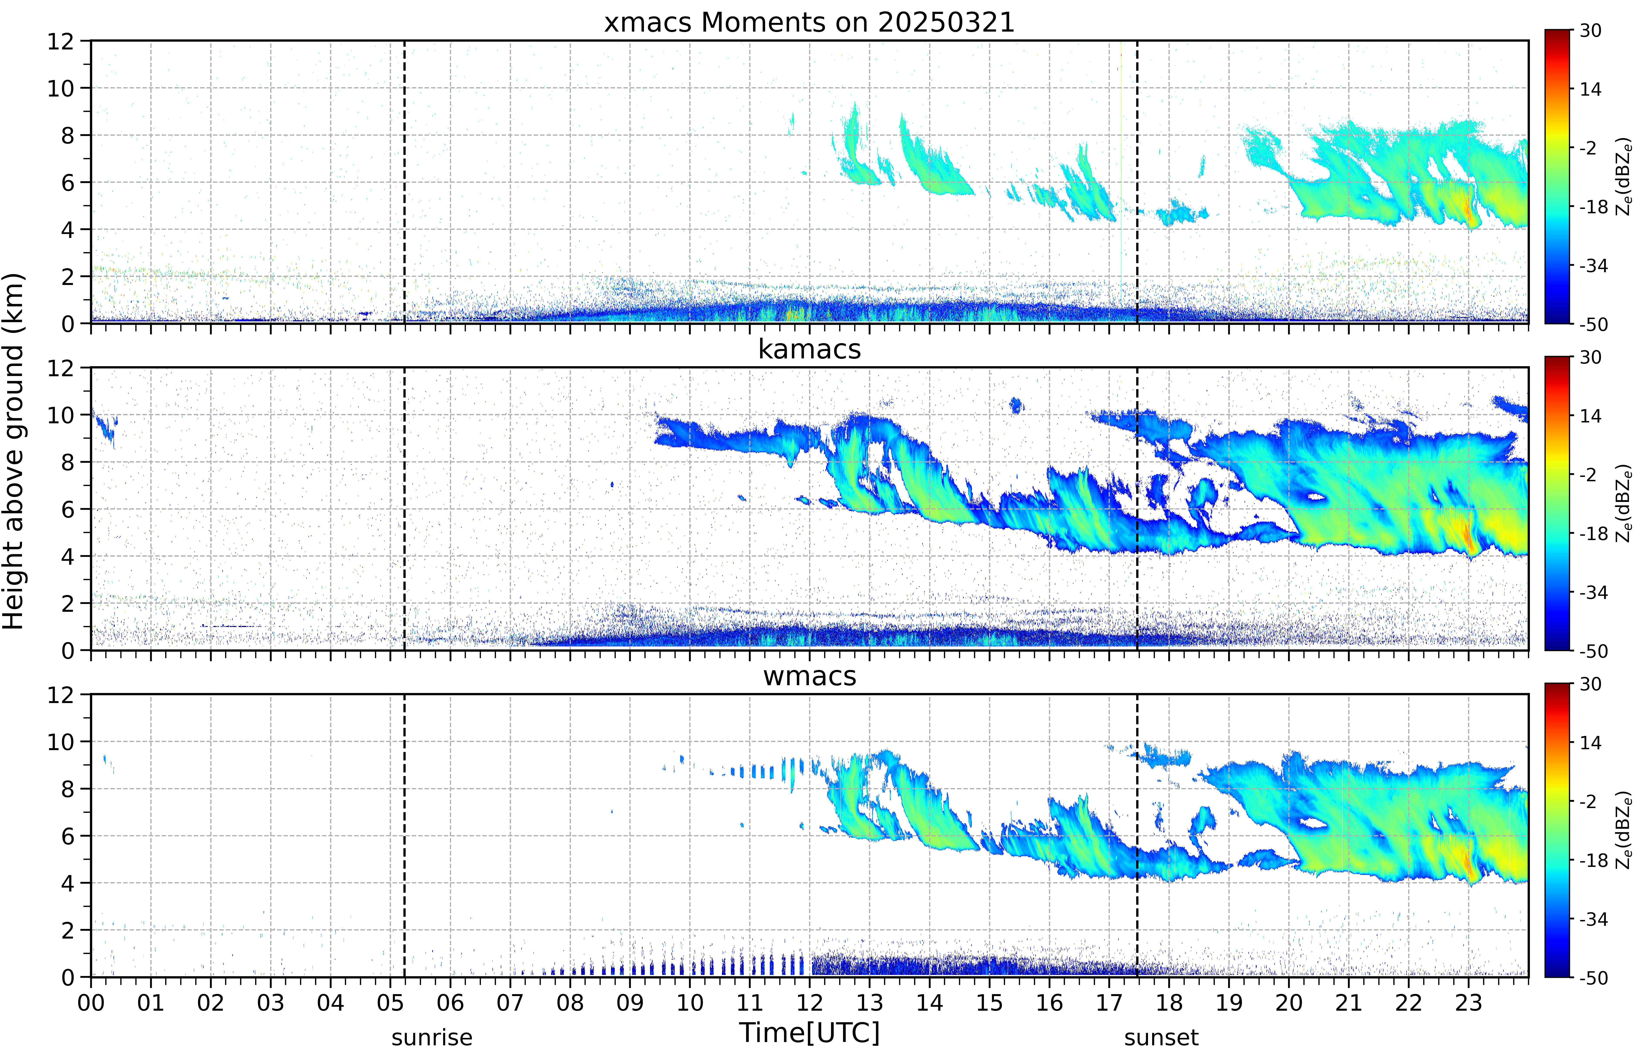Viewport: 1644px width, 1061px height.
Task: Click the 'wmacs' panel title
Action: tap(809, 676)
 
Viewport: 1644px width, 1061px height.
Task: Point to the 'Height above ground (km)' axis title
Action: tap(14, 451)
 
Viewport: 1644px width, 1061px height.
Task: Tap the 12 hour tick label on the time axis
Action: tap(810, 1002)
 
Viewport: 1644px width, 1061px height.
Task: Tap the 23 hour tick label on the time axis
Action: tap(1468, 1002)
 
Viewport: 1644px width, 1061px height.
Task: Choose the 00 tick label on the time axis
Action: tap(91, 1002)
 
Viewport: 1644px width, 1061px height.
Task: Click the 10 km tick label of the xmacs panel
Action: tap(61, 88)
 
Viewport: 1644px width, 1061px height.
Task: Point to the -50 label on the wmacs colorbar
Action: tap(1594, 978)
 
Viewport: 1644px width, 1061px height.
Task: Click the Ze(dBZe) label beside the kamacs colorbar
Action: tap(1624, 503)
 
